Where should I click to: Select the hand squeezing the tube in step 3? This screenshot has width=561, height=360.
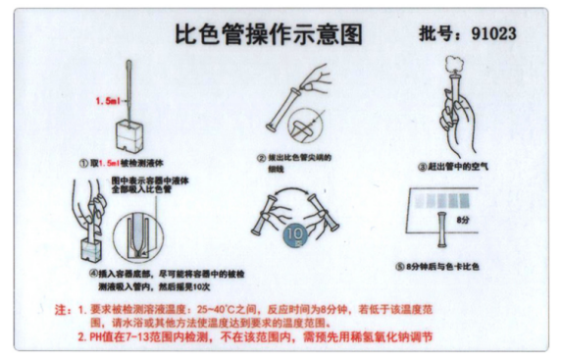456,126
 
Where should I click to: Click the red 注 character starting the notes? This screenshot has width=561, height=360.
60,306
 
